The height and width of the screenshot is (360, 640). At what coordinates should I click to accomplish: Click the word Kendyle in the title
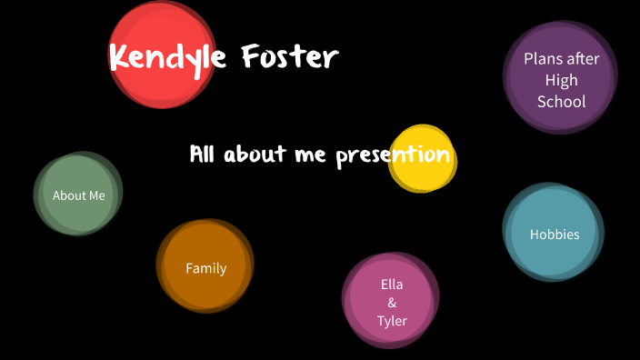point(168,58)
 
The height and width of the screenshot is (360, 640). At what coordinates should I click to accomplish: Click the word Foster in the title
point(290,57)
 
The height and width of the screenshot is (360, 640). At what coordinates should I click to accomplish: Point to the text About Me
point(79,195)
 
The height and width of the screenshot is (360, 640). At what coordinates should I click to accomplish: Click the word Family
point(205,268)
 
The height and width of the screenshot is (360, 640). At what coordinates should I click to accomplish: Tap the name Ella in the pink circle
point(392,285)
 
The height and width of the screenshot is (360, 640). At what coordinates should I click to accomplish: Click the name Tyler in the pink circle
point(392,321)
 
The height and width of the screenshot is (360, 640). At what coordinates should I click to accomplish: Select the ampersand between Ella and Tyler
point(392,303)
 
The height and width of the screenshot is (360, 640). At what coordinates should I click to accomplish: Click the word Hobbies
point(555,235)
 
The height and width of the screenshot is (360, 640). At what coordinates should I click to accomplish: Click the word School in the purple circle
point(562,102)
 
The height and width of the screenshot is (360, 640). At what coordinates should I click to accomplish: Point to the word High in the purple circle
point(562,80)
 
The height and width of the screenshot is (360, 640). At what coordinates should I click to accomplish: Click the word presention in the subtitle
point(393,155)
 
